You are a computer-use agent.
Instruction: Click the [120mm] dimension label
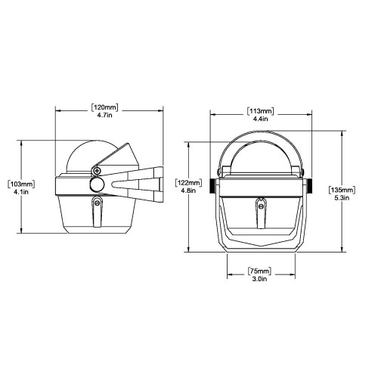(x=107, y=107)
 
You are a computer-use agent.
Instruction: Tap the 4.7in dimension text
(x=107, y=117)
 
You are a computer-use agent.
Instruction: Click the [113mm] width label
(x=259, y=113)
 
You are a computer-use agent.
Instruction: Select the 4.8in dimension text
(x=187, y=192)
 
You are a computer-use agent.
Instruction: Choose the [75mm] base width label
(x=259, y=271)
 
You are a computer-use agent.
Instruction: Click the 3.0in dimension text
(x=259, y=280)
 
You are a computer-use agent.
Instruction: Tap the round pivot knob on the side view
(x=98, y=184)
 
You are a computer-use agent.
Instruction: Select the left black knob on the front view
(x=214, y=186)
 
